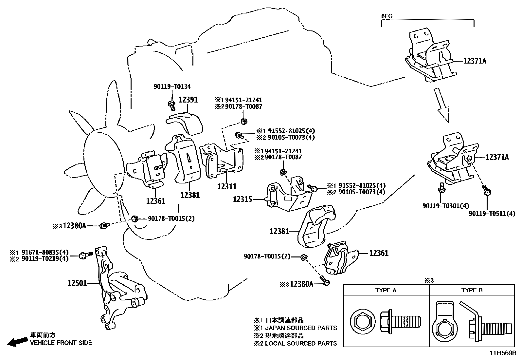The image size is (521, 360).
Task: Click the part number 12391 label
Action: click(x=188, y=100)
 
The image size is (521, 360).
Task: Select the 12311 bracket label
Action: click(x=226, y=186)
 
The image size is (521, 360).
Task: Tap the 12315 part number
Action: click(x=242, y=199)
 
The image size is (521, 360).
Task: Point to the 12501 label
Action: click(x=77, y=283)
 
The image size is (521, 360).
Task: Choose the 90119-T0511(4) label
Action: click(x=492, y=214)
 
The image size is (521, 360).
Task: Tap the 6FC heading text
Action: click(x=387, y=16)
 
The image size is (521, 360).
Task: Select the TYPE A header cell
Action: click(x=386, y=290)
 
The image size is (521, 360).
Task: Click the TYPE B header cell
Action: click(x=472, y=290)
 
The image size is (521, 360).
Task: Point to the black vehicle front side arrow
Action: click(x=17, y=342)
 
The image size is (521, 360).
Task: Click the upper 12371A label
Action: click(x=475, y=61)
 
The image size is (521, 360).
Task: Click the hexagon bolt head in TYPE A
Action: click(x=361, y=320)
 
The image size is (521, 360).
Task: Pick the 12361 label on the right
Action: click(x=379, y=253)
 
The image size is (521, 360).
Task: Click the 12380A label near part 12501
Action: click(x=74, y=225)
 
